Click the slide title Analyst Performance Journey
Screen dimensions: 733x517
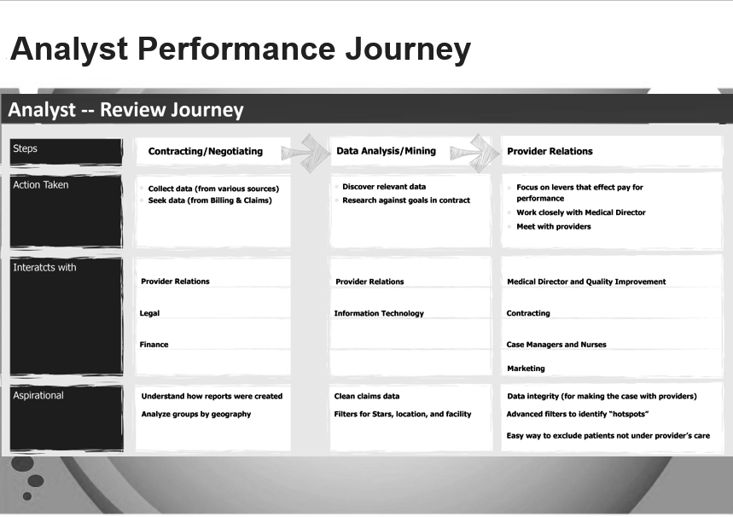[241, 49]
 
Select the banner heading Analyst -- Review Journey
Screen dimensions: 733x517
[125, 110]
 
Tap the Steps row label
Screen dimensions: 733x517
[26, 148]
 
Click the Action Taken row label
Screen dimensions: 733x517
[41, 185]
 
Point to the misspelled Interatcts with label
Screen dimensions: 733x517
[44, 267]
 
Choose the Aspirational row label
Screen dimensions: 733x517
[38, 396]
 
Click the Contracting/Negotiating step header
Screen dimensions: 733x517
[205, 152]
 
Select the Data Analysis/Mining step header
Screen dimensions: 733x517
[387, 151]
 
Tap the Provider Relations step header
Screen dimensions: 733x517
[550, 152]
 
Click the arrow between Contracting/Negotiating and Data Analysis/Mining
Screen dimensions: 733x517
[306, 153]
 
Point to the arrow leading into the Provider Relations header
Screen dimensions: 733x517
[475, 153]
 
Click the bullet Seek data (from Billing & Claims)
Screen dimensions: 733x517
[210, 200]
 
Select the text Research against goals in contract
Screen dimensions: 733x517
[406, 200]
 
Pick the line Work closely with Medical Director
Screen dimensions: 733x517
[581, 212]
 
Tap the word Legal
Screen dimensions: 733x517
[149, 313]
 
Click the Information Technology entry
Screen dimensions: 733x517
[379, 313]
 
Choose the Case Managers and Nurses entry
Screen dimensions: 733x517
[556, 345]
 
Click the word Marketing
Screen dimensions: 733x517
[526, 369]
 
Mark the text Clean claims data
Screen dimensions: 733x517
[367, 397]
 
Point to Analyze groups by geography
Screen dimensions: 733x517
[196, 414]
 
